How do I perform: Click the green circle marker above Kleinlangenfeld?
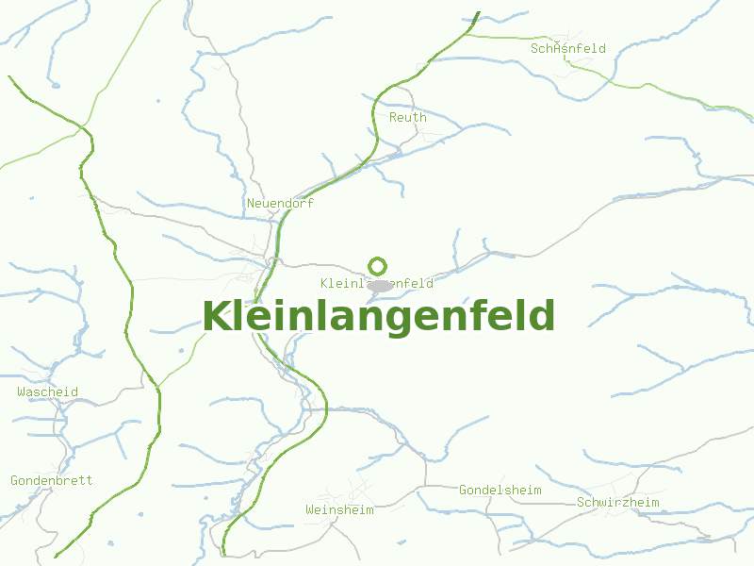coord(378,266)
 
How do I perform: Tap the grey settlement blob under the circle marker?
coord(379,285)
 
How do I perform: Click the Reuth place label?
coord(407,118)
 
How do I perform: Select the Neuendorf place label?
coord(280,203)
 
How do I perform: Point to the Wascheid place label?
coord(47,391)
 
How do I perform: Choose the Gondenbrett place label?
coord(52,480)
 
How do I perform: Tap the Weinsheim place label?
coord(339,509)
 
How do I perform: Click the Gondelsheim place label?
coord(500,490)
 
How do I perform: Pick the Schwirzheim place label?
coord(617,502)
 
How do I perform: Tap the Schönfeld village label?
coord(567,48)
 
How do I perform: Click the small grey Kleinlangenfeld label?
coord(377,283)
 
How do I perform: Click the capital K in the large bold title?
coord(217,316)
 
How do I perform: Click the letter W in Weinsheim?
coord(309,509)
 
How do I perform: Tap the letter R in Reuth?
coord(393,118)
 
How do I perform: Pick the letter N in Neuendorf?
coord(251,203)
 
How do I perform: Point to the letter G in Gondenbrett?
coord(15,480)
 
